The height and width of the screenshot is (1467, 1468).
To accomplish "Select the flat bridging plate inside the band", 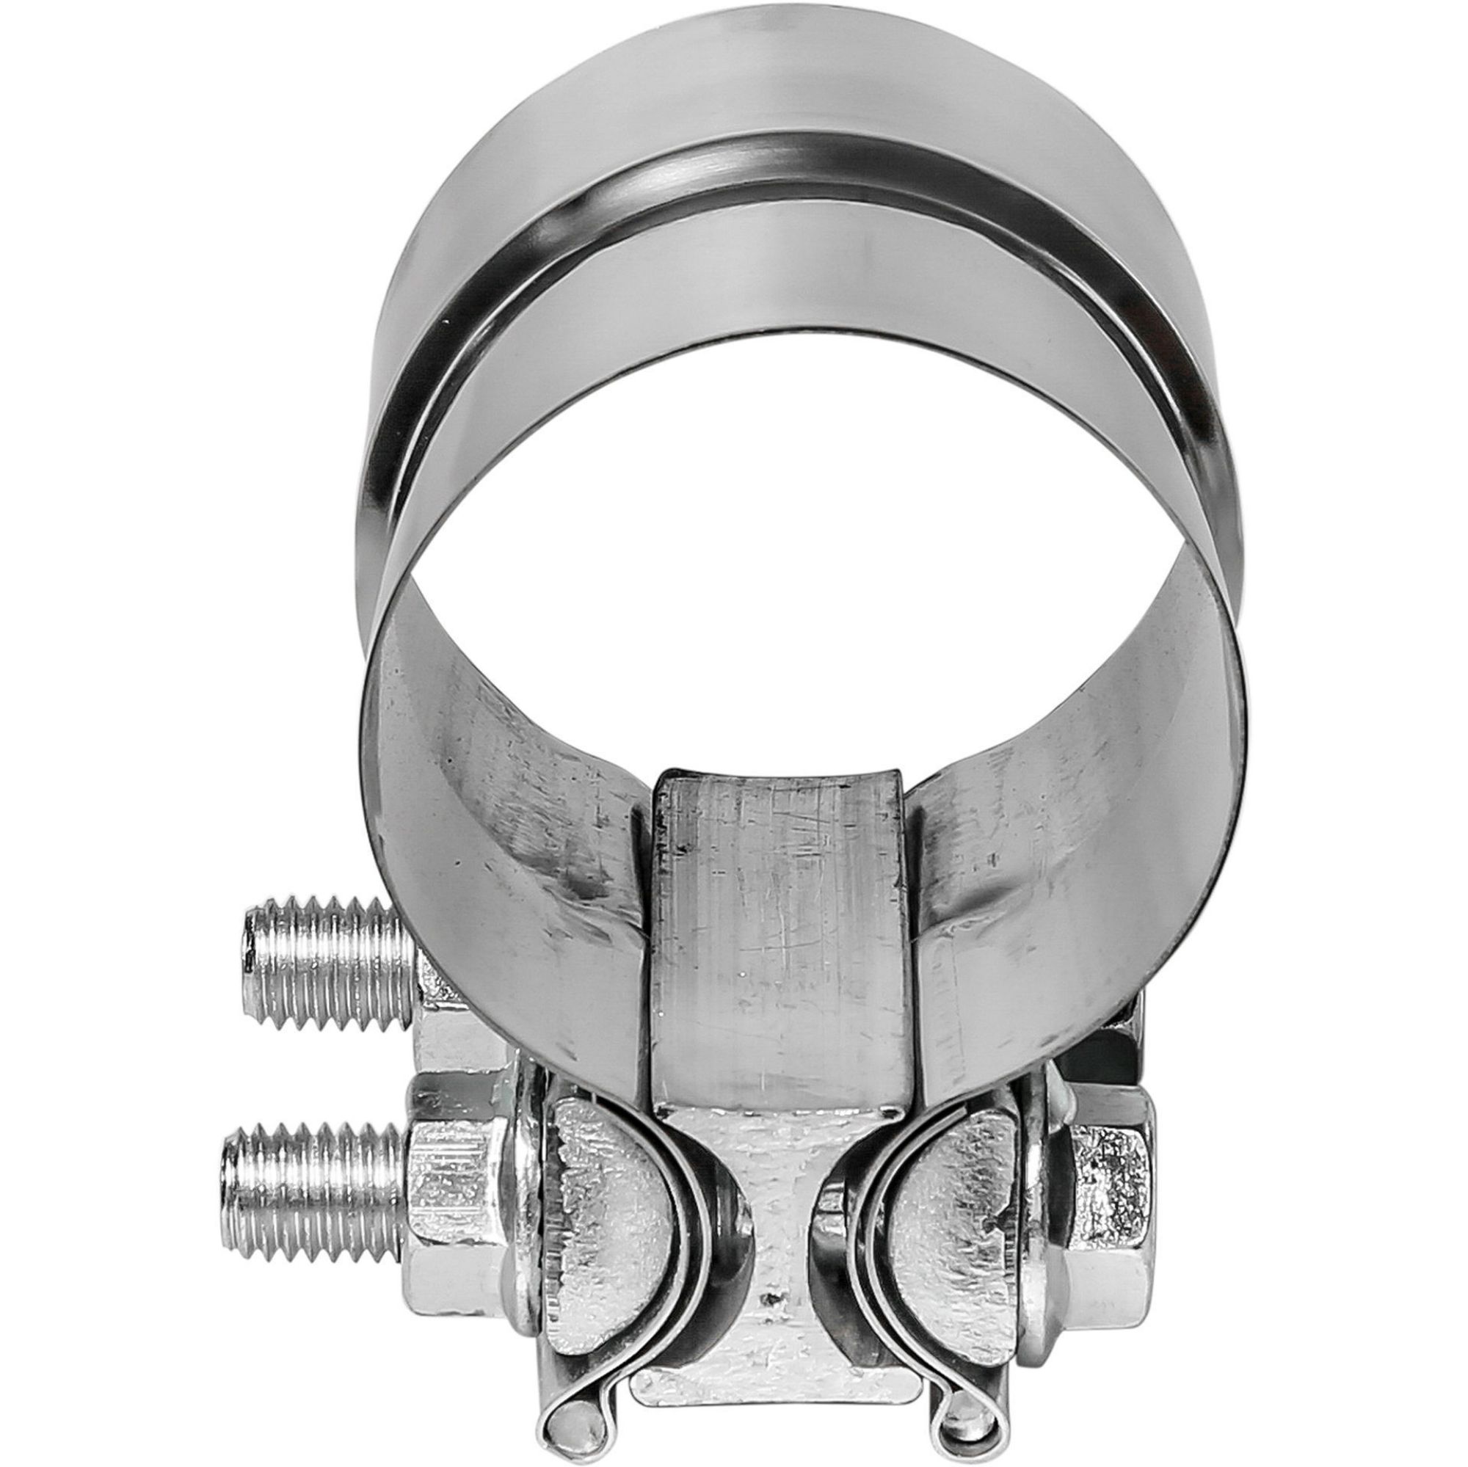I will pos(782,950).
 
